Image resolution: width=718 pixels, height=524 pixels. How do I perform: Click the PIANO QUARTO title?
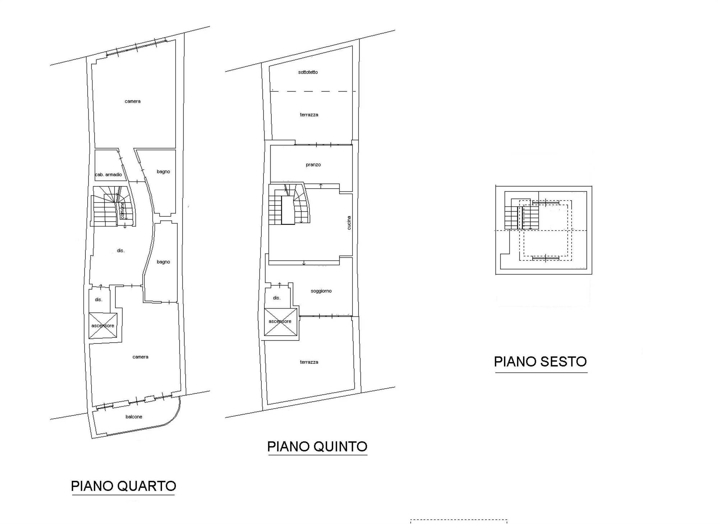123,486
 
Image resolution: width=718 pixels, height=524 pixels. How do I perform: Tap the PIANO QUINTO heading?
317,446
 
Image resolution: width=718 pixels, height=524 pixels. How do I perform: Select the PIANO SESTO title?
540,361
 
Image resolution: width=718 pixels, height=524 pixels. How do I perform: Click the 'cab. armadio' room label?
108,175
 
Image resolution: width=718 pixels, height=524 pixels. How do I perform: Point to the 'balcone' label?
134,417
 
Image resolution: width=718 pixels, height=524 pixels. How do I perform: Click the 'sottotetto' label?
308,72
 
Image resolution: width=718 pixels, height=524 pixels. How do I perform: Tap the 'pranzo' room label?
313,165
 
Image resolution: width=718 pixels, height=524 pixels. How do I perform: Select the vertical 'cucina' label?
349,223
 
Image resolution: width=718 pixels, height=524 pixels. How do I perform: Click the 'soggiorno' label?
321,291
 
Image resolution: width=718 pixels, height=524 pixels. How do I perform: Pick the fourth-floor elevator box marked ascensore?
103,326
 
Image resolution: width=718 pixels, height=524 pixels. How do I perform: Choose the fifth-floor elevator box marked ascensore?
281,322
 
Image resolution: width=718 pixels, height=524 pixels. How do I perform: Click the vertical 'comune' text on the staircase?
122,210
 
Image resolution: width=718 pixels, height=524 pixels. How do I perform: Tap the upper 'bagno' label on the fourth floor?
163,172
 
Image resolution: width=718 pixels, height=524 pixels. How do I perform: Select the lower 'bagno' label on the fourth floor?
163,262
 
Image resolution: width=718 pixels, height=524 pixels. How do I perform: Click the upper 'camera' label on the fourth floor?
132,101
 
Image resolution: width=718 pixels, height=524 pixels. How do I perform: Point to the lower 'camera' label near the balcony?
140,357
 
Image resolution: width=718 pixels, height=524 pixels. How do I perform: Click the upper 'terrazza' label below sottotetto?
309,115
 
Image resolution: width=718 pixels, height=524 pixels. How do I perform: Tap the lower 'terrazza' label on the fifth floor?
309,362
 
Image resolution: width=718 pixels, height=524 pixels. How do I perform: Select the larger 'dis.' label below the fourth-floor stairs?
121,251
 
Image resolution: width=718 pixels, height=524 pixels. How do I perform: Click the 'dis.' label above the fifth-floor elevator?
276,298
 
